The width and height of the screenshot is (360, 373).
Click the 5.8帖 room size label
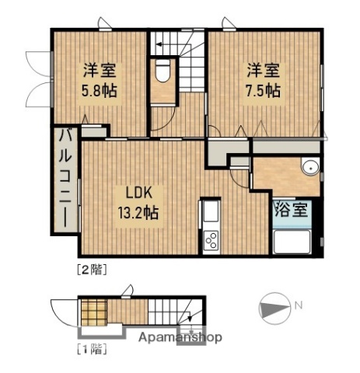pos(100,89)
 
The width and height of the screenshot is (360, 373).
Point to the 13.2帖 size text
pos(138,211)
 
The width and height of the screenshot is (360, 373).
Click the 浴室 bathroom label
pos(296,209)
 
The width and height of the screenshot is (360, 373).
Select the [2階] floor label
pos(91,270)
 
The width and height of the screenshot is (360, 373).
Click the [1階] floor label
pos(91,347)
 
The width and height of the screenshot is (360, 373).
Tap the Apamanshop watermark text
pos(181,337)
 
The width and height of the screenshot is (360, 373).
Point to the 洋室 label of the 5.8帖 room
pos(100,68)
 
